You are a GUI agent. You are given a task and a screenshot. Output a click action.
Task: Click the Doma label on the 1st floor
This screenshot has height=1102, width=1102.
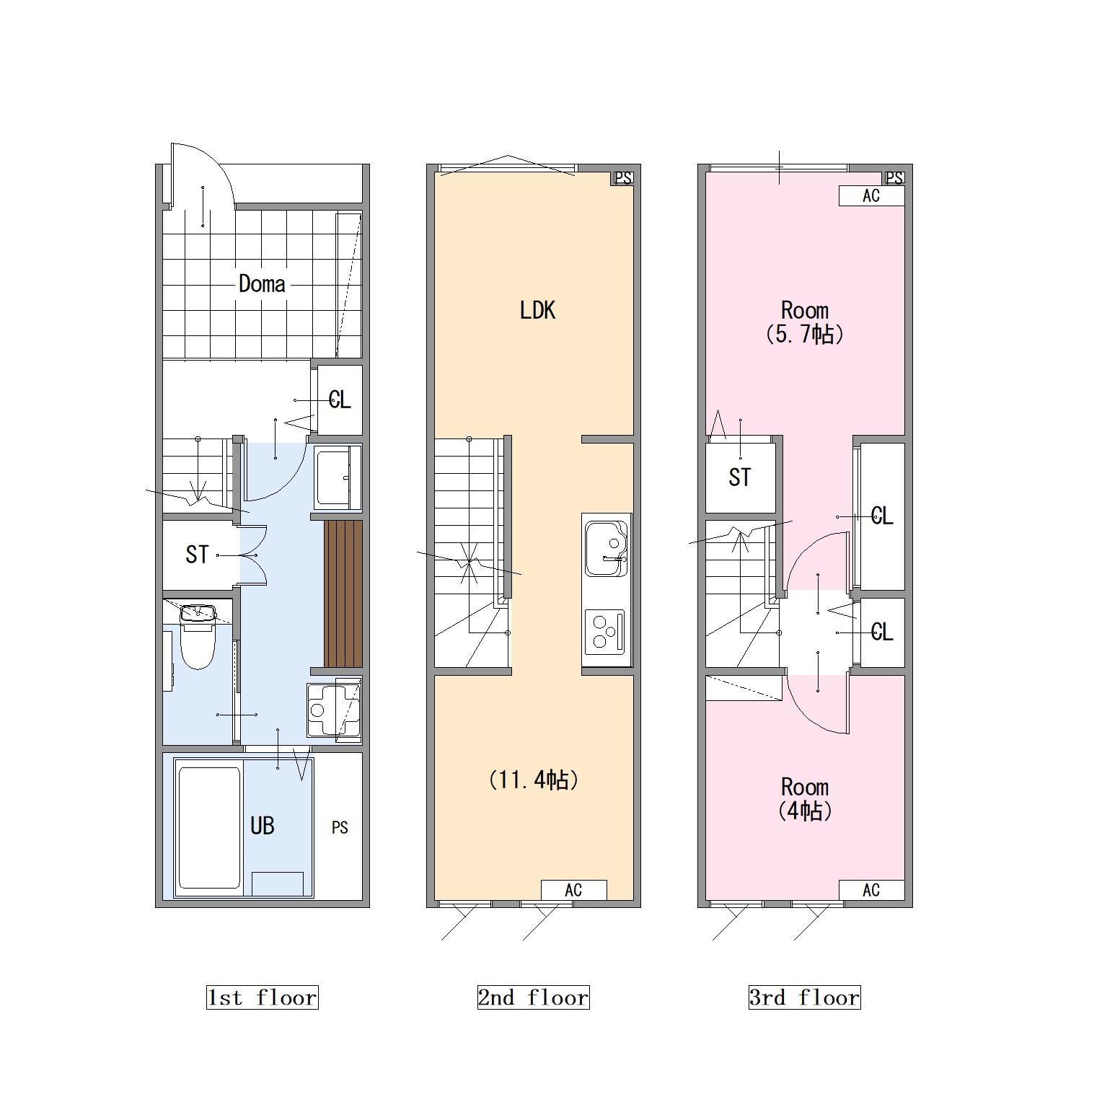262,284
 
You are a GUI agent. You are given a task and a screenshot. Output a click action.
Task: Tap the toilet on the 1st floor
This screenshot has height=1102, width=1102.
197,636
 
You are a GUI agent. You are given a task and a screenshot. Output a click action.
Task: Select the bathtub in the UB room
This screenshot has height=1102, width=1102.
209,828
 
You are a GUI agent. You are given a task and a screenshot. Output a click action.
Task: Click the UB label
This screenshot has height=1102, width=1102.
263,825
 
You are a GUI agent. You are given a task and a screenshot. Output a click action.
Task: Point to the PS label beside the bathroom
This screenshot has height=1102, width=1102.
340,827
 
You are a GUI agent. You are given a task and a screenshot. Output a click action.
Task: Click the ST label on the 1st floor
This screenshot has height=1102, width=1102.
197,555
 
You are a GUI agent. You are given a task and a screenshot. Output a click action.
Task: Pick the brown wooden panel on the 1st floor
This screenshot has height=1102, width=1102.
343,594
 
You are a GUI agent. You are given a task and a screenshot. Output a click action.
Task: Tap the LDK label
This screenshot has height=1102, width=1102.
537,310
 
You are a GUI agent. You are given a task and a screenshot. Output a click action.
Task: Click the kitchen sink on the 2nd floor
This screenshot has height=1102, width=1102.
607,548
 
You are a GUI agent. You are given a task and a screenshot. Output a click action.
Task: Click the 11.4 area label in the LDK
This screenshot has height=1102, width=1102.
534,780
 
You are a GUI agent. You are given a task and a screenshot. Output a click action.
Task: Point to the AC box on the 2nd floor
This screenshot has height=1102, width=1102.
573,890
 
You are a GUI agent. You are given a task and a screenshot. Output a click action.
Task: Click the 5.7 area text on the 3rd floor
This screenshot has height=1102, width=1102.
804,334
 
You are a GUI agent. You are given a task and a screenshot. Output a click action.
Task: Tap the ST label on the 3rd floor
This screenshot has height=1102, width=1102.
740,477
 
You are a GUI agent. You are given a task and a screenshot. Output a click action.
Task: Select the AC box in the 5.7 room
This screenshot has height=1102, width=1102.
871,196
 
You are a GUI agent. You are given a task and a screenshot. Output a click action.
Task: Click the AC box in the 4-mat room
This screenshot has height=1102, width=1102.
871,890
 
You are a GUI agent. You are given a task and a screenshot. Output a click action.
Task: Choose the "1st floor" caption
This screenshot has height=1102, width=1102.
262,997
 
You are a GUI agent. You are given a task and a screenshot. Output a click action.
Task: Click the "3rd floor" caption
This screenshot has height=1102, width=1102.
804,997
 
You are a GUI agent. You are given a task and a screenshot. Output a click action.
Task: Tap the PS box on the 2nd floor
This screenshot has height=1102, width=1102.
622,178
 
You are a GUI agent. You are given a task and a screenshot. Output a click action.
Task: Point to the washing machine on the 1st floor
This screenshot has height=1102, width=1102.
334,710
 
